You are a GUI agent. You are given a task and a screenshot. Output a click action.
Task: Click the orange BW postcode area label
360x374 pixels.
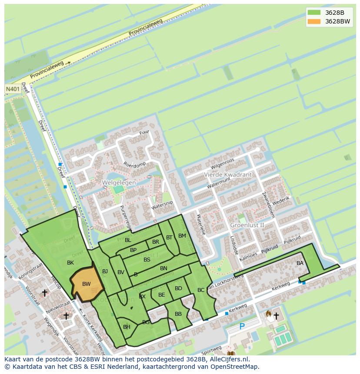tap(87, 284)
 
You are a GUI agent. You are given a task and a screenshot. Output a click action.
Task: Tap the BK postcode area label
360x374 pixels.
tap(70, 263)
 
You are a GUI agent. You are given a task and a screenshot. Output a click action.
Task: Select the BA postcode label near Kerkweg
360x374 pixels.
tap(300, 263)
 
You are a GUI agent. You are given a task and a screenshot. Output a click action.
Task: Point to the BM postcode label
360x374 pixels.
tap(182, 236)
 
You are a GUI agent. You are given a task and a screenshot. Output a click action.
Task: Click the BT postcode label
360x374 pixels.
tap(169, 238)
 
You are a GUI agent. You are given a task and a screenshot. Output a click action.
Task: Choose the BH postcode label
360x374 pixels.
tap(127, 327)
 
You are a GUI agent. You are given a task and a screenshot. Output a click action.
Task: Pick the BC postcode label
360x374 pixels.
tap(201, 290)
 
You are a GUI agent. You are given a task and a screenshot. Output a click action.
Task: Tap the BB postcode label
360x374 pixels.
tap(178, 314)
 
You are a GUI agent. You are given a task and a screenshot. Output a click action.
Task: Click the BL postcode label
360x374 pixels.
tap(128, 240)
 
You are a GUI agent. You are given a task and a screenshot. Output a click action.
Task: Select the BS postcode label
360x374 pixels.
tap(147, 260)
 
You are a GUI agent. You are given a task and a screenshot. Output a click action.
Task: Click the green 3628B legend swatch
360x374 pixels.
tap(313, 13)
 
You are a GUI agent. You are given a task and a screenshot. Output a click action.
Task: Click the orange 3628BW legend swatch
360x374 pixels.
tap(313, 21)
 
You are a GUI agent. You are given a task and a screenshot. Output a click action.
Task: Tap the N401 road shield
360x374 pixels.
tap(12, 89)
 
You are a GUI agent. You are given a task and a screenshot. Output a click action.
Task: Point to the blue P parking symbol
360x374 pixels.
tap(242, 326)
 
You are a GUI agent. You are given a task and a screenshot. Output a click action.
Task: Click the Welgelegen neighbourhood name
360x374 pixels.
tap(119, 183)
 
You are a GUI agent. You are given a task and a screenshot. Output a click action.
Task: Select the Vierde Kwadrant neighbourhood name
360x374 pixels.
tap(228, 175)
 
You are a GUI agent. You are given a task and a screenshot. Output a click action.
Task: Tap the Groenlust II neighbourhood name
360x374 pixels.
tap(247, 225)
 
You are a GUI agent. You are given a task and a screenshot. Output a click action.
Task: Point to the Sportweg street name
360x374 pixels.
tap(211, 350)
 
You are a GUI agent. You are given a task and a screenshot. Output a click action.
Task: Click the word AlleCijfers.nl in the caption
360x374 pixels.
tap(232, 359)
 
